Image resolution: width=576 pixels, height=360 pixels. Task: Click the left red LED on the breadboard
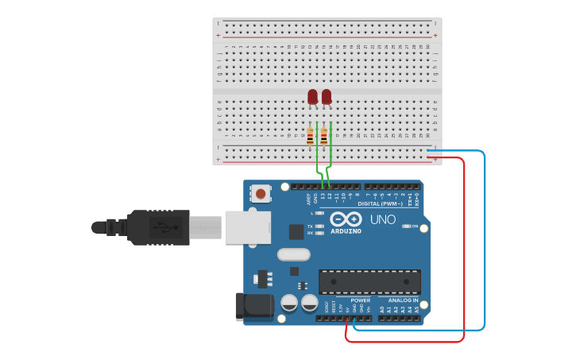click(x=312, y=96)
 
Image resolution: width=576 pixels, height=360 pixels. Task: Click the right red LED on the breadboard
click(x=327, y=96)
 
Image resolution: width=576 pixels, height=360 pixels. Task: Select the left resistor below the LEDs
click(x=310, y=137)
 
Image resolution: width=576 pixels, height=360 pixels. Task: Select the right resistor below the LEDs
click(x=323, y=137)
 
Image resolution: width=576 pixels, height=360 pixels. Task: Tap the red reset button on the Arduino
click(x=260, y=193)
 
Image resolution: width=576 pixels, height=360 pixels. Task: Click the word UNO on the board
click(x=382, y=219)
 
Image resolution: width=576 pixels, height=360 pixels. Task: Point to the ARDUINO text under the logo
click(x=346, y=231)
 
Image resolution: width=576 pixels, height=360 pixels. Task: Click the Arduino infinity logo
click(x=346, y=219)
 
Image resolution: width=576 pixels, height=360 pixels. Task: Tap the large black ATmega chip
click(x=369, y=281)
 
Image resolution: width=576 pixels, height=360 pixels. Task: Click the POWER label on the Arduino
click(x=360, y=300)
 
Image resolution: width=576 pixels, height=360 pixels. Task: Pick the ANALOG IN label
click(x=404, y=300)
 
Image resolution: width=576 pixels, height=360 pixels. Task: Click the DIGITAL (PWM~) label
click(x=380, y=203)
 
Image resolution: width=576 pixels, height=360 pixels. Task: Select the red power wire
click(x=464, y=246)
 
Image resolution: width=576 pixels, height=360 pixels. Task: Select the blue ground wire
click(x=484, y=238)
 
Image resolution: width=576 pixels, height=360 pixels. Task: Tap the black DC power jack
click(x=253, y=307)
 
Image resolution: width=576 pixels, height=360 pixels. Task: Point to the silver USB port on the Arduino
click(x=247, y=226)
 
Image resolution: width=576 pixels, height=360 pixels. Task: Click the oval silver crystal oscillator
click(x=293, y=254)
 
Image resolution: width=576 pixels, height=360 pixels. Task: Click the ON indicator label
click(x=414, y=226)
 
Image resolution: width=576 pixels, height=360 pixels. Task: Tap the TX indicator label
click(x=311, y=226)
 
